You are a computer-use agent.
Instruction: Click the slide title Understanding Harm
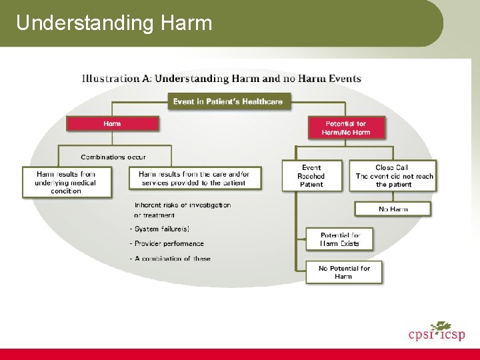pos(114,23)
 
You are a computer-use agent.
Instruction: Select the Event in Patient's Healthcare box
pos(228,101)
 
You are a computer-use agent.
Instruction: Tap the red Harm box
pos(112,123)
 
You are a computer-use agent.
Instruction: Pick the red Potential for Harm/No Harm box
pos(345,127)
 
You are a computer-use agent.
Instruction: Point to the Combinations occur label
pos(113,157)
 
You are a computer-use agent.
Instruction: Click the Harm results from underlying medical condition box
pos(66,182)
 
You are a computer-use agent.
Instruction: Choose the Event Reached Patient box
pos(311,176)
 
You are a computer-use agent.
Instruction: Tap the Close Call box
pos(394,176)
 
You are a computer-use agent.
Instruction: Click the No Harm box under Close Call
pos(393,209)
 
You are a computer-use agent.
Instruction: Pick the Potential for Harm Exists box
pos(339,239)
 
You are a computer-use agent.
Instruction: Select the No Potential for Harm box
pos(344,272)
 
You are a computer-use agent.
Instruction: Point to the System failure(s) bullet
pos(154,229)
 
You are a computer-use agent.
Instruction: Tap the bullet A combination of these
pos(170,258)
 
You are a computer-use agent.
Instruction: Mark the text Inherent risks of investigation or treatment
pos(182,210)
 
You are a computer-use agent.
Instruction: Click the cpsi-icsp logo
pos(436,331)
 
